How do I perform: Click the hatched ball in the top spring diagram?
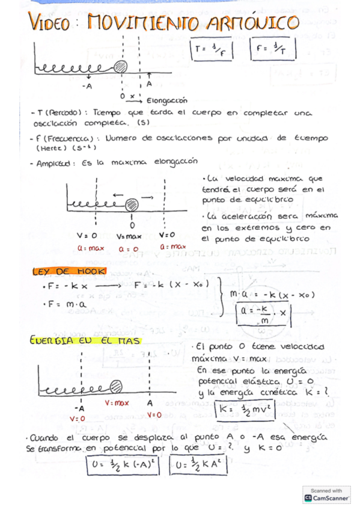tap(121, 66)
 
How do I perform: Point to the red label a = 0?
tap(128, 247)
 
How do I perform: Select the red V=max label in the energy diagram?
tap(117, 403)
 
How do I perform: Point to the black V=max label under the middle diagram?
tap(128, 236)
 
